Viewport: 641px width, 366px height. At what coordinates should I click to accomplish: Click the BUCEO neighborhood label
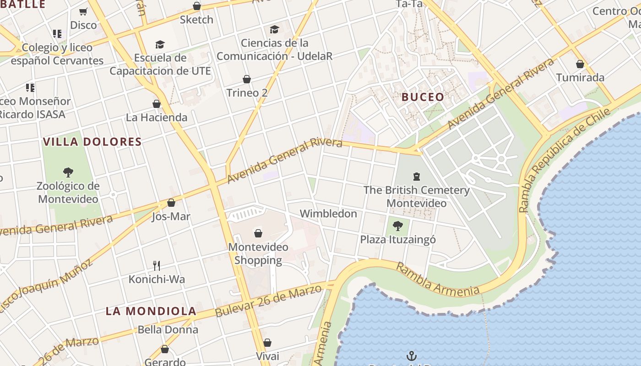423,97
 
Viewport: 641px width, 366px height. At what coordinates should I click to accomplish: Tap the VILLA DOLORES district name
92,142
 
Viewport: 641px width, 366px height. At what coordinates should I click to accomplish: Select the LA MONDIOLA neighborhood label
151,311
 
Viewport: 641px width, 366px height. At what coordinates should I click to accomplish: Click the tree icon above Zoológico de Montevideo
68,172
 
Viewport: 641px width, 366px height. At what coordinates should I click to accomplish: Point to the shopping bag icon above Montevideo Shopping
258,233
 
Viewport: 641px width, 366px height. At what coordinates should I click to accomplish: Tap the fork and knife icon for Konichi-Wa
157,265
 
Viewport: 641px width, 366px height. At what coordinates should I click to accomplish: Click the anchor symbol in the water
412,355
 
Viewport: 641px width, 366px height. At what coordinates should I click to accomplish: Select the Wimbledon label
328,214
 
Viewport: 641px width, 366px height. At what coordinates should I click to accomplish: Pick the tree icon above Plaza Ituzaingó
398,225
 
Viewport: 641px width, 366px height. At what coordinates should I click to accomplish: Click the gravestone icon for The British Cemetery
417,176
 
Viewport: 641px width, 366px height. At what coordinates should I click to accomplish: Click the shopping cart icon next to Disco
83,11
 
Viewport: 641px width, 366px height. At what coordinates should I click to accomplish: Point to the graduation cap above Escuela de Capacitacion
160,44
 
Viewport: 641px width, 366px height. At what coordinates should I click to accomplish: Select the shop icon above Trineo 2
247,79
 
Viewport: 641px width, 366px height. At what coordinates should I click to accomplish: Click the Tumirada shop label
580,77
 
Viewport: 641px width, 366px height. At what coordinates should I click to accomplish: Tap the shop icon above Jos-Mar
171,203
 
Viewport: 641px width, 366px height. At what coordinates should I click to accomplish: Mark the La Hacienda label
157,118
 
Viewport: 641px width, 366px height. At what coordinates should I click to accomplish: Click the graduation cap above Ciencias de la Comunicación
274,30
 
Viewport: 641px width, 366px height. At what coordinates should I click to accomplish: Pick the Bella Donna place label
168,329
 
